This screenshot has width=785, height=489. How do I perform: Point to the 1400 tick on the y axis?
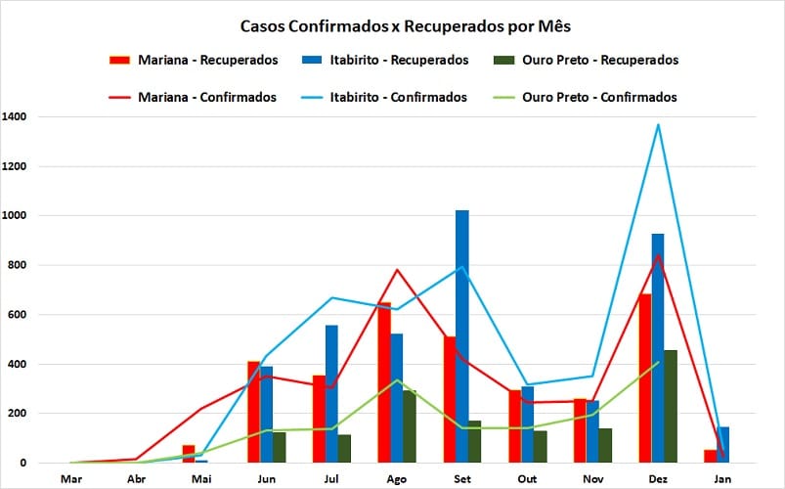click(x=15, y=116)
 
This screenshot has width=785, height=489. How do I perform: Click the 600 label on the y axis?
click(x=18, y=315)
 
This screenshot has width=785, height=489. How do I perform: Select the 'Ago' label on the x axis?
click(x=397, y=479)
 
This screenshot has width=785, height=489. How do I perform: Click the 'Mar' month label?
click(x=70, y=479)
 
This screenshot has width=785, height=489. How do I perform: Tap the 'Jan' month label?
click(x=722, y=479)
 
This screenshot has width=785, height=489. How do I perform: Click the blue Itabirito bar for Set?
click(x=462, y=336)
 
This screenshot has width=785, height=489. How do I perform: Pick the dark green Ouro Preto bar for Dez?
click(x=672, y=406)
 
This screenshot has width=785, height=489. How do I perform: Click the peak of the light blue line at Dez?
click(x=658, y=124)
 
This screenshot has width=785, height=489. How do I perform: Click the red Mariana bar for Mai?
click(x=189, y=454)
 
